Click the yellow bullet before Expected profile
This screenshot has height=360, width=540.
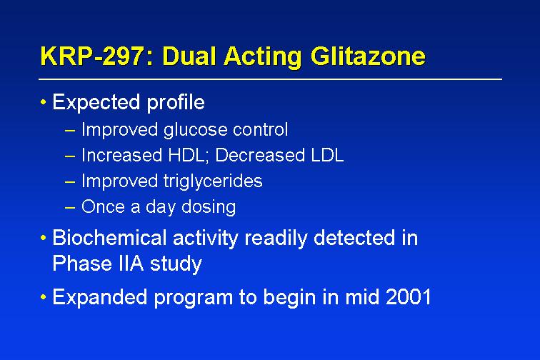click(43, 102)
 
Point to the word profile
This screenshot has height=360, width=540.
click(176, 102)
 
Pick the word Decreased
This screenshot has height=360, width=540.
click(260, 155)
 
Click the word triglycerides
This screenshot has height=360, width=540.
click(213, 181)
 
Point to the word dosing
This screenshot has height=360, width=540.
click(209, 207)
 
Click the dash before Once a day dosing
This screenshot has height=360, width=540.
click(69, 207)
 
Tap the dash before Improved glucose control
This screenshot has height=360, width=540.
click(69, 130)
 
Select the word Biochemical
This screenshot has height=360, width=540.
click(109, 237)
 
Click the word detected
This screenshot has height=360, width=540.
click(354, 237)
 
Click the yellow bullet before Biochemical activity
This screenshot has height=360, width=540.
click(43, 238)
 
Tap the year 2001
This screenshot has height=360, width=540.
click(409, 296)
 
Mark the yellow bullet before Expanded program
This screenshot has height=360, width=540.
click(43, 297)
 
